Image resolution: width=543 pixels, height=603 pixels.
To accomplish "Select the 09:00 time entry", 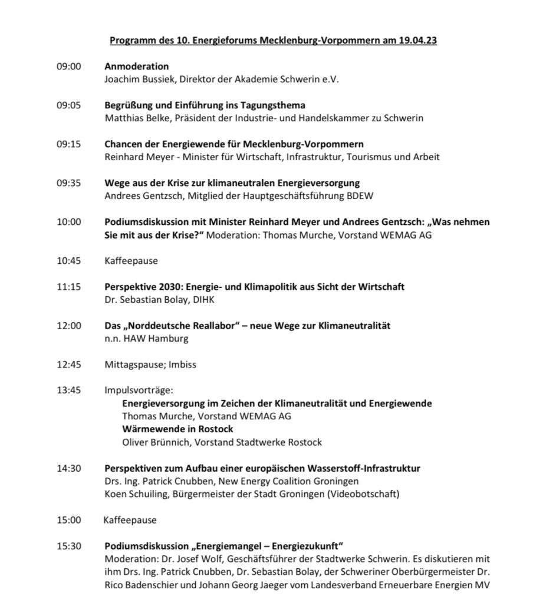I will (x=68, y=67).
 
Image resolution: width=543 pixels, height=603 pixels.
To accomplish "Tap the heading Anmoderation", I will (x=136, y=67).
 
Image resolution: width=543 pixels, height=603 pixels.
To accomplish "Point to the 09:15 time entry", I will (x=68, y=144).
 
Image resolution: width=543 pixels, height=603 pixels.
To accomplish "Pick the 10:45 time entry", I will (x=68, y=261).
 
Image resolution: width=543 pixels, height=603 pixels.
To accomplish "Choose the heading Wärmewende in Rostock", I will (x=177, y=429).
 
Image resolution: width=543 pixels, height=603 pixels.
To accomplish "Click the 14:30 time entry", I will (x=68, y=468).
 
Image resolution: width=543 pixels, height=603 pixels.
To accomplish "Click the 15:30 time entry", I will (x=68, y=546).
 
